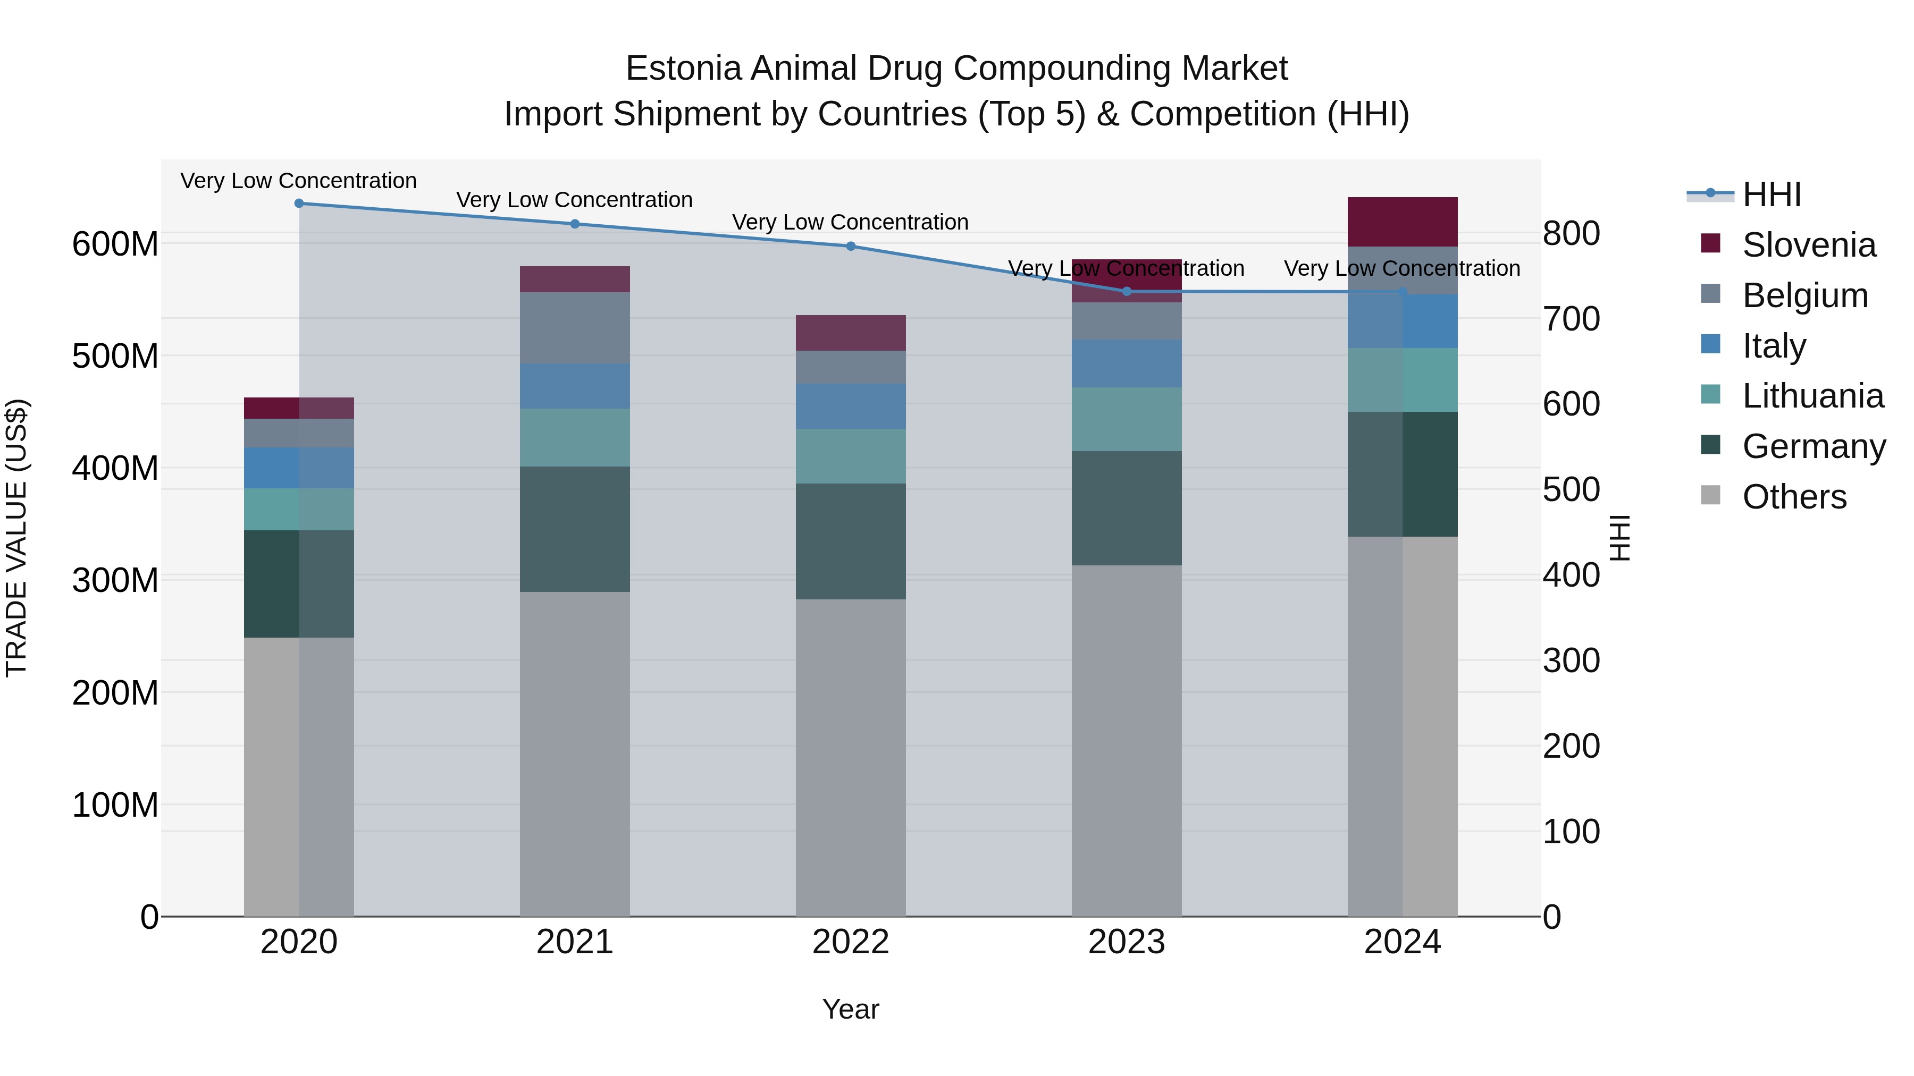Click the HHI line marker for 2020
(x=299, y=204)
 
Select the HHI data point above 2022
(x=851, y=247)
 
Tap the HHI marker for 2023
(x=1127, y=292)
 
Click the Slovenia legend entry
(x=1809, y=245)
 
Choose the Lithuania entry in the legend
(x=1812, y=396)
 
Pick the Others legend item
(x=1794, y=497)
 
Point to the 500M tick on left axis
(x=115, y=357)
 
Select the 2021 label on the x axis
(x=574, y=942)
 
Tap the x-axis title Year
(x=850, y=1009)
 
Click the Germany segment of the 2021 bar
(x=574, y=529)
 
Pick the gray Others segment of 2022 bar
(x=851, y=757)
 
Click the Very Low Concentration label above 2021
(x=574, y=200)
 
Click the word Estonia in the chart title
(x=683, y=69)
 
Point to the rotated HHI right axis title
(x=1620, y=538)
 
